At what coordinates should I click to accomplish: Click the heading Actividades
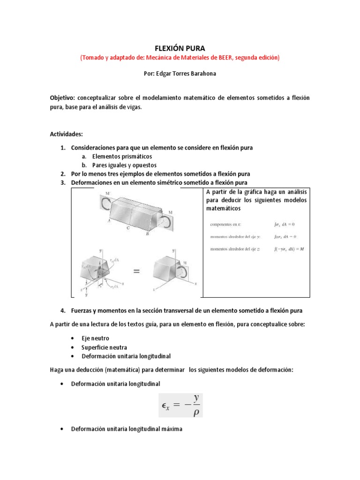point(66,134)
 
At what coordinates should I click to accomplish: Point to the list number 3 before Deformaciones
point(62,182)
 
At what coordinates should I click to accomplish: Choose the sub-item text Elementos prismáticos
point(122,157)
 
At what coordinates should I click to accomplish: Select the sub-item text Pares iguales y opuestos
point(124,165)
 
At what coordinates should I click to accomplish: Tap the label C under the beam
point(127,228)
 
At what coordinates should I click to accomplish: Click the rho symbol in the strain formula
point(196,412)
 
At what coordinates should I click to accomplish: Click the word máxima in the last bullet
point(172,429)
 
